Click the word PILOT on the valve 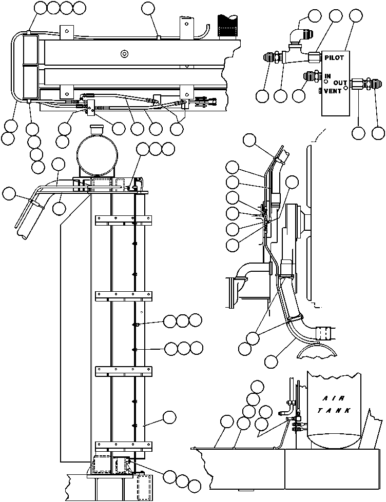[x=334, y=58]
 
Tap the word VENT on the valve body [x=333, y=91]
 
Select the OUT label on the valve [x=340, y=83]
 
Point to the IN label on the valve [x=327, y=76]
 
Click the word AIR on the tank [x=334, y=398]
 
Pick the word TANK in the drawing [x=334, y=410]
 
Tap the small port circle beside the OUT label [x=345, y=87]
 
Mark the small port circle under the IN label [x=326, y=82]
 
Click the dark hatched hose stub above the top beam [x=228, y=26]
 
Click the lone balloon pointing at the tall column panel [x=169, y=417]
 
